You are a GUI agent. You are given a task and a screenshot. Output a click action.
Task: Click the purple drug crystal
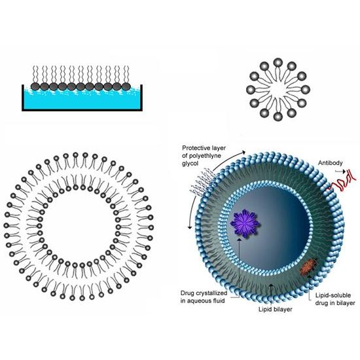(245, 223)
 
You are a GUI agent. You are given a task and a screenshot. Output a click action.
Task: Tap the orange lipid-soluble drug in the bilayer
(309, 267)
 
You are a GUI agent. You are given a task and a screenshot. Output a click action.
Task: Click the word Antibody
(330, 163)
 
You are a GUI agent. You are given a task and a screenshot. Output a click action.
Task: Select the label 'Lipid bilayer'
(276, 309)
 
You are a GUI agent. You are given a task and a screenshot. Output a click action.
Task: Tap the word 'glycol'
(190, 164)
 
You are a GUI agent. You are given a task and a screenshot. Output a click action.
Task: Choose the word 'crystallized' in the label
(213, 293)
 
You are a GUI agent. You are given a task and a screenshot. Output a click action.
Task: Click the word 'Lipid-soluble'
(333, 295)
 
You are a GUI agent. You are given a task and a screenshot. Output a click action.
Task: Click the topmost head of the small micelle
(278, 62)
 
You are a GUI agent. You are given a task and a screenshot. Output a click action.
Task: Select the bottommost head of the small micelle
(278, 117)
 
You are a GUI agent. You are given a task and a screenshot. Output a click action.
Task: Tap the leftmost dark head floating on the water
(35, 86)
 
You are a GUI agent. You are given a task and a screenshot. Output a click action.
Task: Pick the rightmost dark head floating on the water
(126, 86)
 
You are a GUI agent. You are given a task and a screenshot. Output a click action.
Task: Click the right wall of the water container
(141, 98)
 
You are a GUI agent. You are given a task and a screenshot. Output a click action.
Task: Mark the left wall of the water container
(23, 98)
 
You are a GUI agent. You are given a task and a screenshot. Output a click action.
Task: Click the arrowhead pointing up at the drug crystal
(239, 240)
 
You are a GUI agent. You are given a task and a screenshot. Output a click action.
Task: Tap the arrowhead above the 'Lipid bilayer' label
(271, 285)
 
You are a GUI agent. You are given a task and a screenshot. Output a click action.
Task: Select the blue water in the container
(82, 100)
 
